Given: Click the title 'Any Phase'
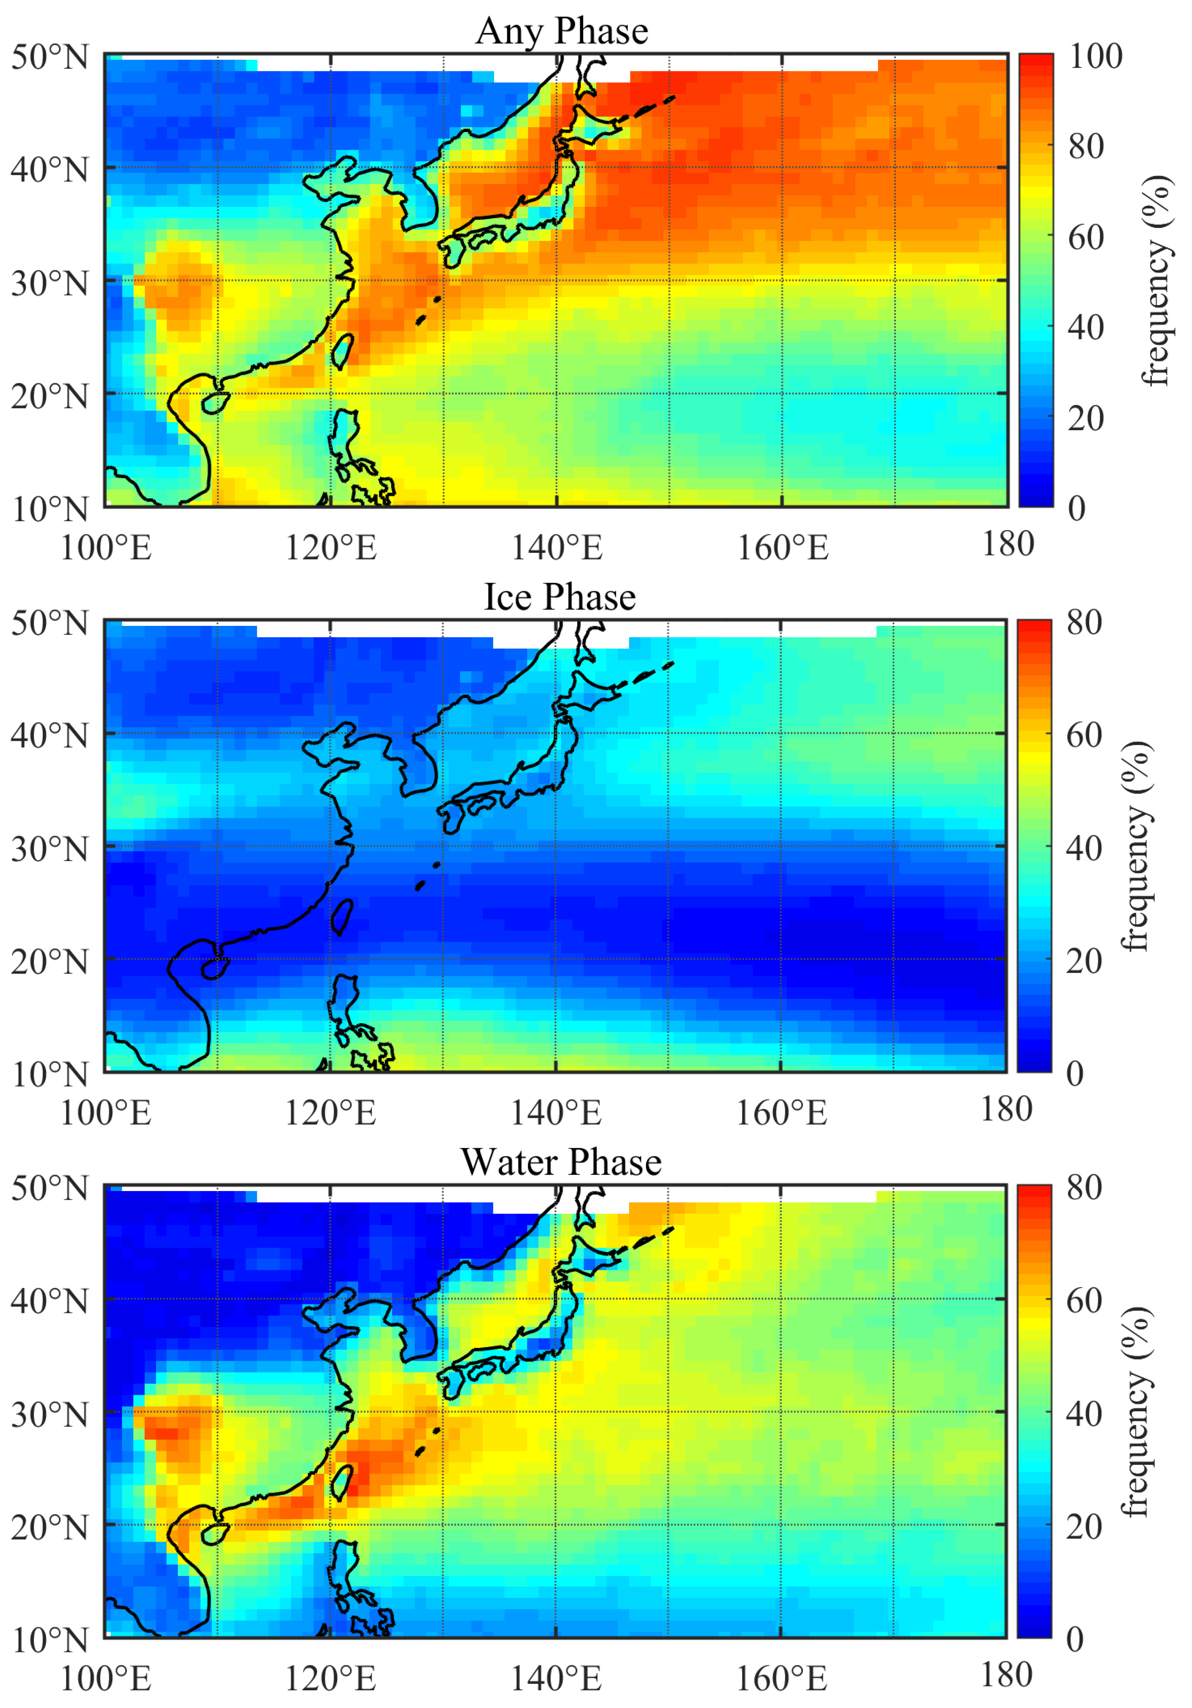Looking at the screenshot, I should tap(562, 31).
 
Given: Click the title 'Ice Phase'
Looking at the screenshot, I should tap(560, 597).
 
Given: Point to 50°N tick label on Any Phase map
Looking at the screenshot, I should tap(50, 57).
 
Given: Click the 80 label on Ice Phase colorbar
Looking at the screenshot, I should tap(1084, 623).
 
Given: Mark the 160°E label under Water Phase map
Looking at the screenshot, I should tap(781, 1678).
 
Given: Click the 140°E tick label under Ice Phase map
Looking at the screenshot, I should tap(556, 1114).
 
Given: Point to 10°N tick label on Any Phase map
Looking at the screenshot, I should tap(50, 509).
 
